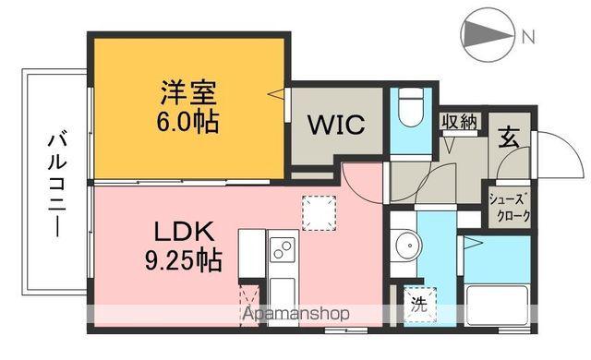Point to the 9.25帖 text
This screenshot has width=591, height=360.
point(184,261)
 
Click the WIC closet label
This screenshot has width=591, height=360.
point(335,125)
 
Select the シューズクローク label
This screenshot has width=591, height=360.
point(510,209)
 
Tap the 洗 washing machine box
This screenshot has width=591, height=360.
point(418,302)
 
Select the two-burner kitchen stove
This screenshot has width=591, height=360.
point(281,248)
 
